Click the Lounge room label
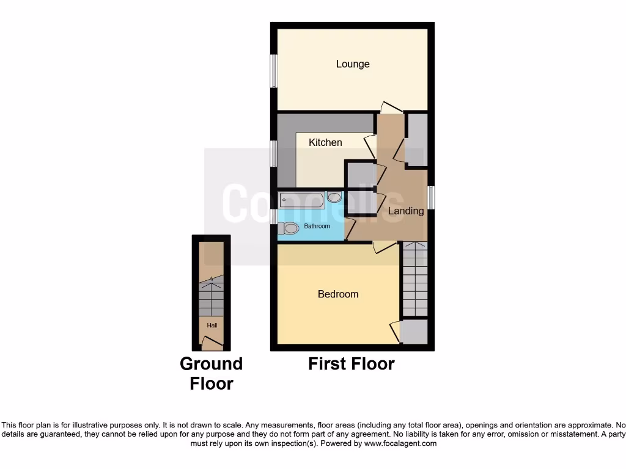point(353,64)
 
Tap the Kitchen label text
point(325,142)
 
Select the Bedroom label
point(338,294)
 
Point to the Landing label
point(407,211)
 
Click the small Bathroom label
point(317,227)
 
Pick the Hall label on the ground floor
point(212,325)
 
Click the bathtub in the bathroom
point(301,200)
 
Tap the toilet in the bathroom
point(288,228)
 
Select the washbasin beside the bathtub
point(334,197)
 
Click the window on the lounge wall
point(274,71)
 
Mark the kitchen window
point(274,153)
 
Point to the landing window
point(431,198)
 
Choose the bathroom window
point(274,216)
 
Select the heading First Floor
point(351,364)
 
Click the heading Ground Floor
point(211,374)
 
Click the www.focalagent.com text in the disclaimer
point(400,443)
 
